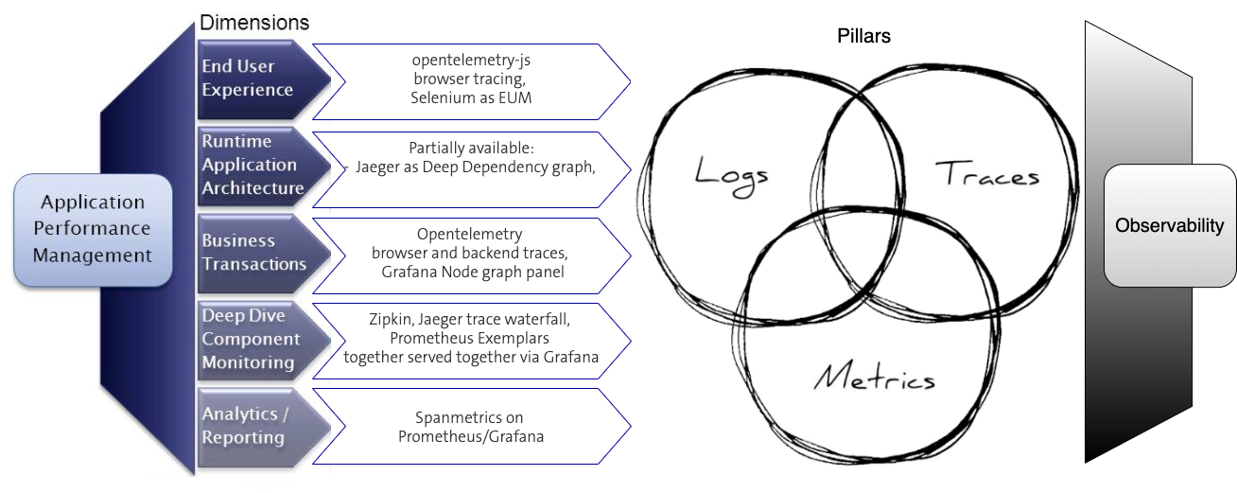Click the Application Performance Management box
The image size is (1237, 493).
(x=93, y=229)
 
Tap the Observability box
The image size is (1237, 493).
(x=1169, y=226)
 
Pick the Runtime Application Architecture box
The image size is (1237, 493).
(x=253, y=165)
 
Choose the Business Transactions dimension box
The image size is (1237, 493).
(x=253, y=252)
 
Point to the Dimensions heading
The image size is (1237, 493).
(x=254, y=22)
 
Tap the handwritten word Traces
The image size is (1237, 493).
(x=986, y=174)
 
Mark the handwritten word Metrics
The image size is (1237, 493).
(x=874, y=378)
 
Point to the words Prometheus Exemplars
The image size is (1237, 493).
(x=471, y=338)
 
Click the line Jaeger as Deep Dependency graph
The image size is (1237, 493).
(x=475, y=167)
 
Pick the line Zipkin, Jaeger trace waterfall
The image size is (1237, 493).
(x=469, y=319)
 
